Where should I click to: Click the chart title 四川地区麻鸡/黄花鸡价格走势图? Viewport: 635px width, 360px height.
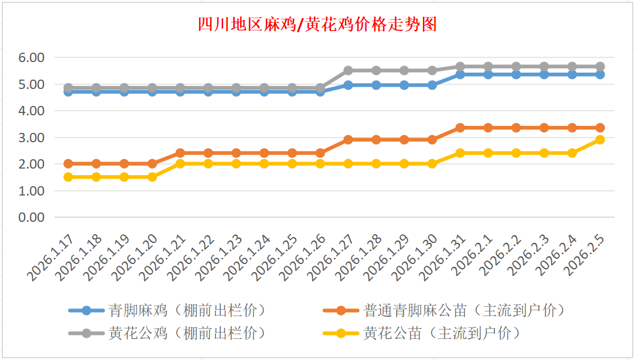coord(317,25)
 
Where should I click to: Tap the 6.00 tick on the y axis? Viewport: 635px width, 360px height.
coord(32,57)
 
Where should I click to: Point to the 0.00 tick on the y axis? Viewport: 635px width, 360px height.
coord(32,217)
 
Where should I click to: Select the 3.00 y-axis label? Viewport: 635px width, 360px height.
coord(32,138)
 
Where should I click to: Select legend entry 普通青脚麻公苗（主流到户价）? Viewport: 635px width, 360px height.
coord(463,310)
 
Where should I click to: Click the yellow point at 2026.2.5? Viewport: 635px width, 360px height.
coord(600,140)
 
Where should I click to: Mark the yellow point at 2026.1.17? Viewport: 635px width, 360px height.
coord(69,177)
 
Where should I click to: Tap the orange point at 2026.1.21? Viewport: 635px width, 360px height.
coord(180,153)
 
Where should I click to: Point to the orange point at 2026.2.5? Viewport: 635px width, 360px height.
coord(600,128)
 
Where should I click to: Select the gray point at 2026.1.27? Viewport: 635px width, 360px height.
coord(348,70)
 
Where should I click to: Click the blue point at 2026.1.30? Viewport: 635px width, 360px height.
coord(432,85)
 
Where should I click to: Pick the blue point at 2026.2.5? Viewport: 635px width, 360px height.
coord(600,74)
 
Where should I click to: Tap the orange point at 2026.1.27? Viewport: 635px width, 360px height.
coord(348,140)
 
